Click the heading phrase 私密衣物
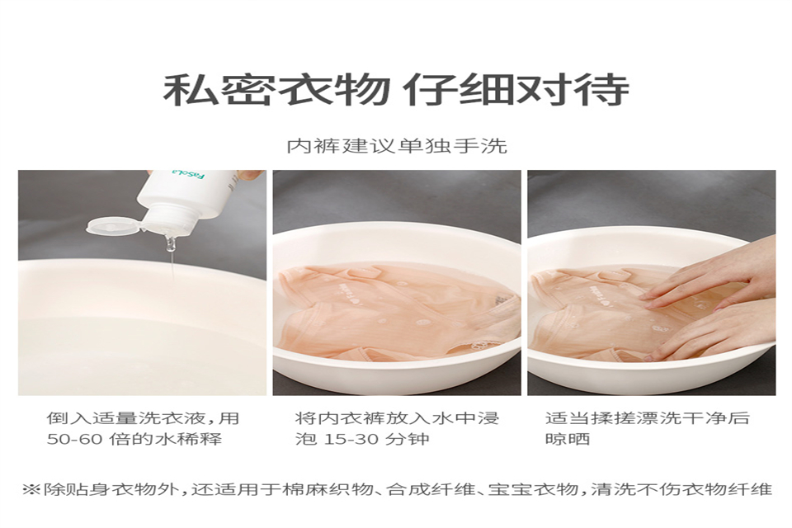tap(276, 90)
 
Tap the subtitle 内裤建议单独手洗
tap(397, 146)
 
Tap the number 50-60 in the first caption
tap(75, 439)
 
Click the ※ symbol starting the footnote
tap(31, 489)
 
